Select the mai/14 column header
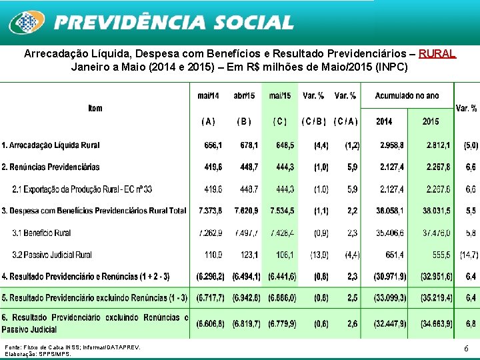[208, 96]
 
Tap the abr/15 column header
[244, 96]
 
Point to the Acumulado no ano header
[407, 96]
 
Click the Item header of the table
[95, 108]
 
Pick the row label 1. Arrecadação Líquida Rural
[51, 145]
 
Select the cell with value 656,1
[213, 145]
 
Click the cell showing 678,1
[249, 145]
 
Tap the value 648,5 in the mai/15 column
[283, 145]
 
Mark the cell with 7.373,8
[211, 211]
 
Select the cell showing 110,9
[215, 255]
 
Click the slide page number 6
[465, 349]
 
